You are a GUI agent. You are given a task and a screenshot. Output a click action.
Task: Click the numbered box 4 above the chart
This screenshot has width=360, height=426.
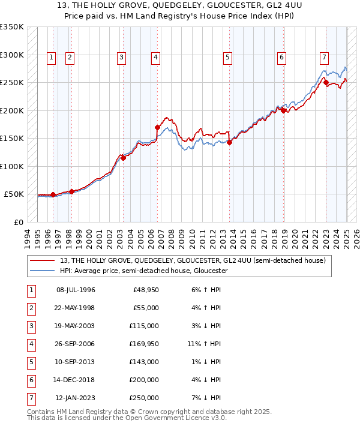click(155, 58)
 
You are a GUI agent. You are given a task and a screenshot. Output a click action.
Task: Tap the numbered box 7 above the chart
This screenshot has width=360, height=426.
click(324, 58)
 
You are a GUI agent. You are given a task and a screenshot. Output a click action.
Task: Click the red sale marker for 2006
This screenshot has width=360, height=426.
click(157, 127)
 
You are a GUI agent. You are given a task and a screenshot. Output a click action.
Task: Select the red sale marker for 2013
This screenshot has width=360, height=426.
click(229, 142)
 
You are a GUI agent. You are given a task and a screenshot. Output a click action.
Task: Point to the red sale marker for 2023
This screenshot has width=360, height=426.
click(326, 83)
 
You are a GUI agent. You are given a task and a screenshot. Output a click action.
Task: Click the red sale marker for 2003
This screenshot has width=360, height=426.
click(122, 158)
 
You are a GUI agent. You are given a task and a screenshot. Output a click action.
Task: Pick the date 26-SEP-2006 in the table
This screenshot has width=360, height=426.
click(76, 344)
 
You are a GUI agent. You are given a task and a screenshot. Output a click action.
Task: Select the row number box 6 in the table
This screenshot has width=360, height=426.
click(31, 380)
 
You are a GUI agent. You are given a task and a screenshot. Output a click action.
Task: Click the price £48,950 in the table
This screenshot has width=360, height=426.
click(146, 290)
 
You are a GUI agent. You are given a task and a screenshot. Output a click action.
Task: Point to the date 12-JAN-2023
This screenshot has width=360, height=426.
click(76, 398)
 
